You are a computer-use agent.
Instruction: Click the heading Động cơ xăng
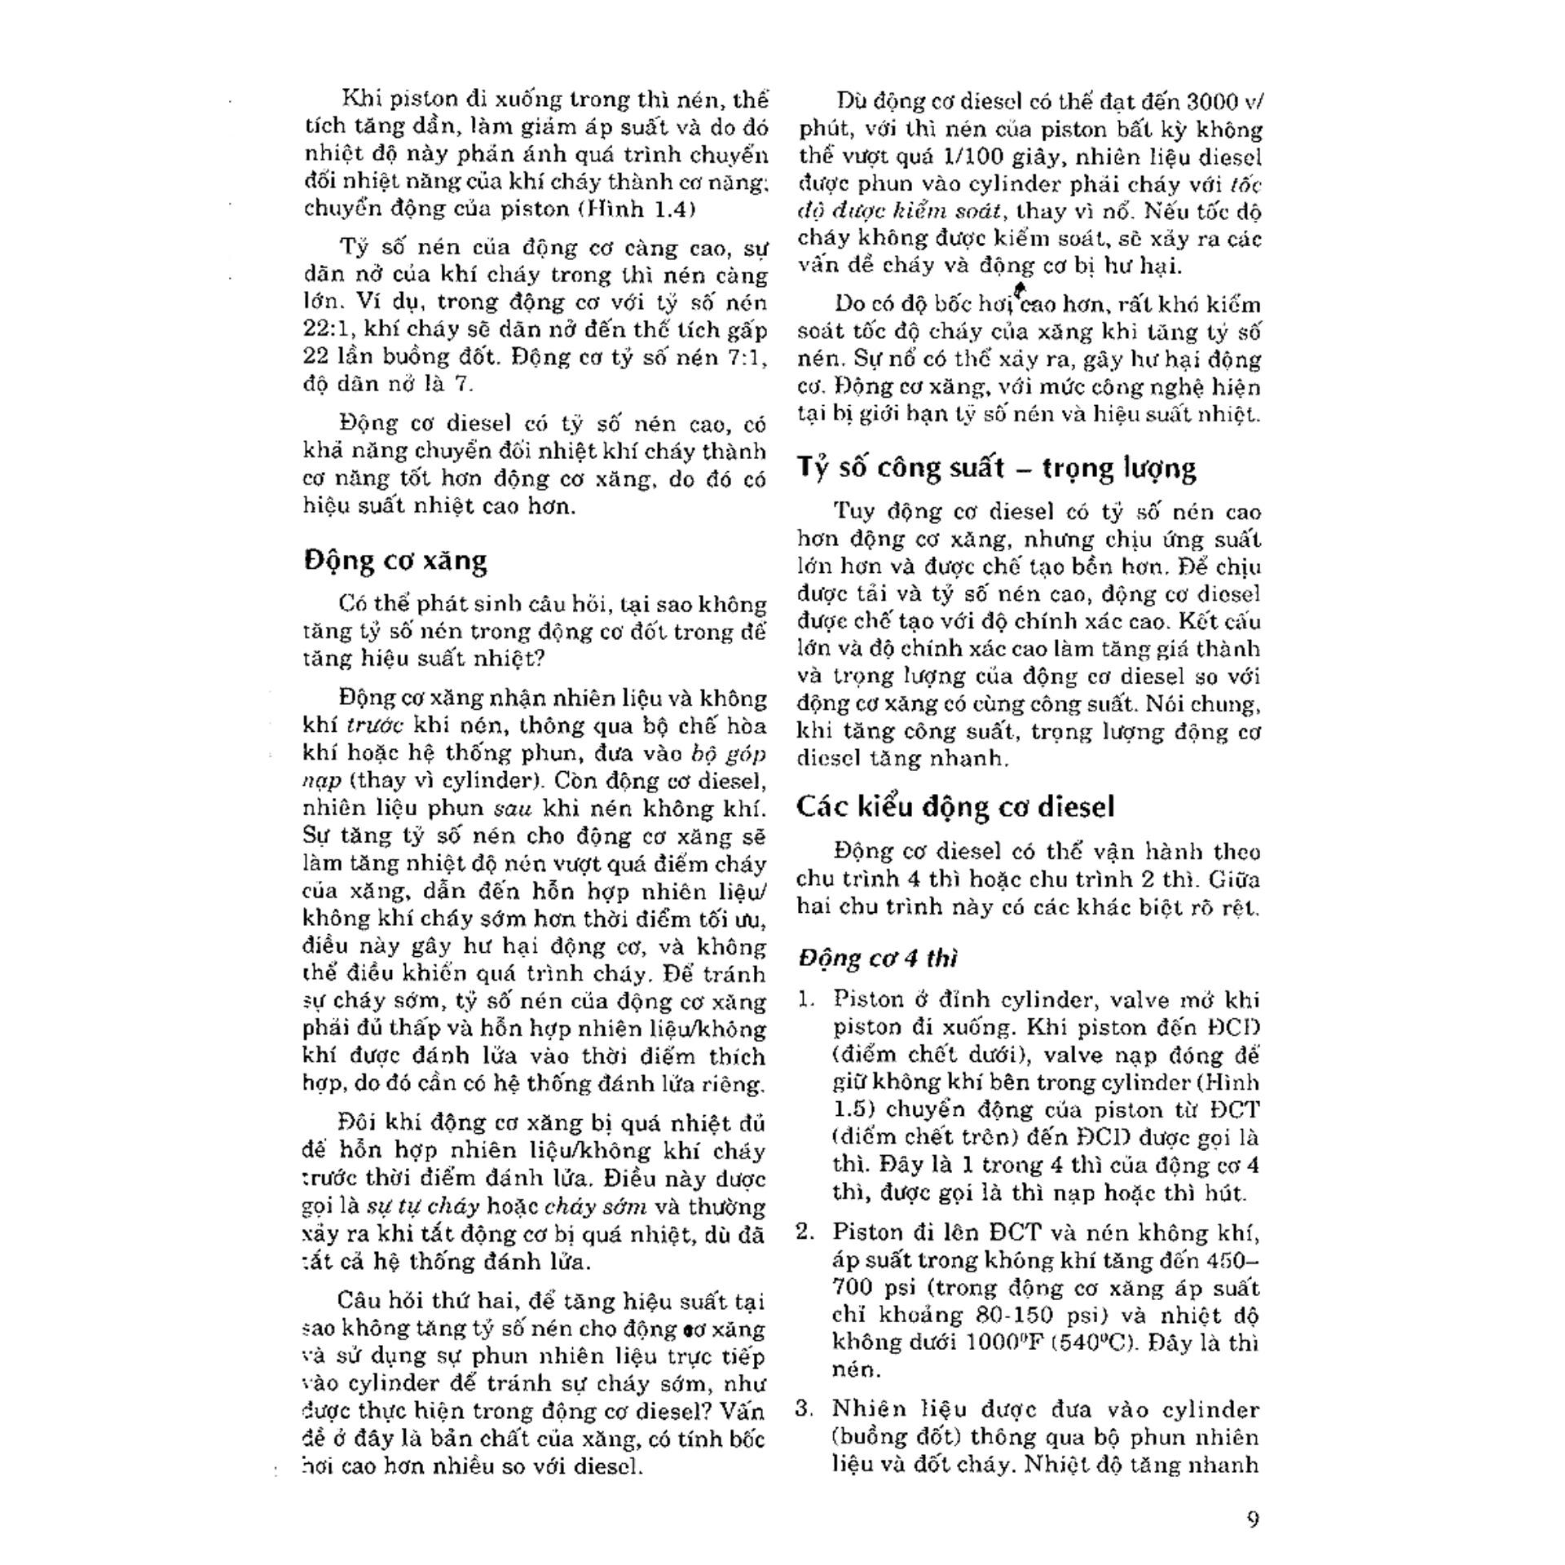click(x=395, y=561)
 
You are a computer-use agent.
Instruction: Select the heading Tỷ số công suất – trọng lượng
click(x=996, y=468)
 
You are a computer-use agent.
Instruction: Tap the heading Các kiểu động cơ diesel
click(x=955, y=807)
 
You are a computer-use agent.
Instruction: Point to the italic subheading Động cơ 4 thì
click(x=878, y=958)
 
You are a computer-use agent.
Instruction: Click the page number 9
click(x=1253, y=1519)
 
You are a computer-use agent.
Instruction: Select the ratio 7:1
click(x=743, y=357)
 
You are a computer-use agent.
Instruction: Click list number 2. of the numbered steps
click(x=806, y=1232)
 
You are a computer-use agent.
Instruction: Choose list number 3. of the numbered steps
click(x=805, y=1408)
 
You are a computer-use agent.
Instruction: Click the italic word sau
click(x=514, y=809)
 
